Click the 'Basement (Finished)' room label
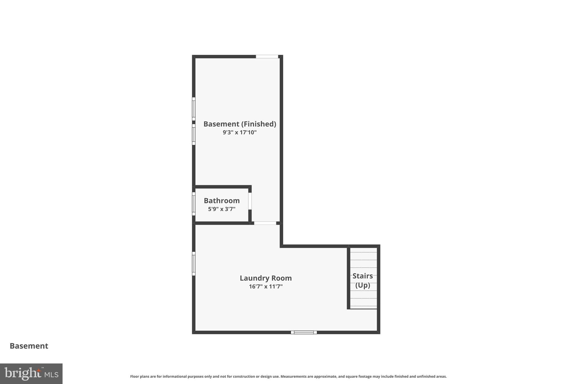(x=239, y=124)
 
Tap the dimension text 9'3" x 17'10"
(x=239, y=132)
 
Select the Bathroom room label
(x=222, y=201)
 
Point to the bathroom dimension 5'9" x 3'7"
(x=222, y=209)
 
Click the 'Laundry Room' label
(x=266, y=278)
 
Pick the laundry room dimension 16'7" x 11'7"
(x=266, y=287)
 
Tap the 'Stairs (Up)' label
(x=363, y=280)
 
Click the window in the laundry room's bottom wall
(x=304, y=332)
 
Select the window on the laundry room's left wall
(x=194, y=264)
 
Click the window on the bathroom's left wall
(x=194, y=204)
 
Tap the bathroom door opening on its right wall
(x=250, y=201)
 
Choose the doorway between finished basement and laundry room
(x=265, y=223)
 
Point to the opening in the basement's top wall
(x=267, y=57)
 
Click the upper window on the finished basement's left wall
(x=194, y=109)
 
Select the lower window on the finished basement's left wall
(x=194, y=134)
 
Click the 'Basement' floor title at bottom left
(x=29, y=346)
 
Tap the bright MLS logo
(x=31, y=374)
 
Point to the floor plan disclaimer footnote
(x=288, y=376)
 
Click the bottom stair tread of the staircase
(x=363, y=306)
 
